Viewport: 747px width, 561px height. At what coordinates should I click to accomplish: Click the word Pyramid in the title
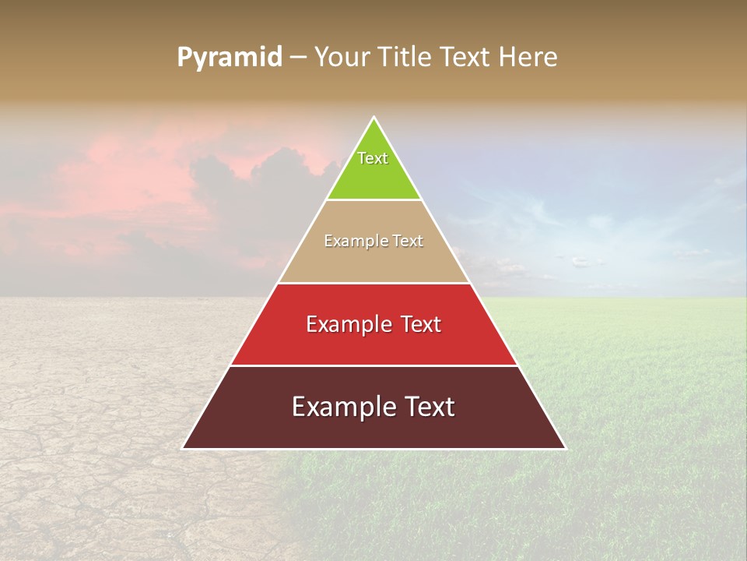(230, 58)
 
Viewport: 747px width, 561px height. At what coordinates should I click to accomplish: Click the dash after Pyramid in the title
(298, 58)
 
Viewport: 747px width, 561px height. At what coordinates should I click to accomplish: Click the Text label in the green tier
(373, 158)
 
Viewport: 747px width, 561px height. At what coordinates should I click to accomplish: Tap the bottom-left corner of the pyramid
(184, 448)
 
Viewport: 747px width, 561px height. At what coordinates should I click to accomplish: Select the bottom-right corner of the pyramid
(565, 448)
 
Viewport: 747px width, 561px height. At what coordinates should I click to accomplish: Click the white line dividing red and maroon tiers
(374, 365)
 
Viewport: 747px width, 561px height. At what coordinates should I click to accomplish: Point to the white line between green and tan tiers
(374, 199)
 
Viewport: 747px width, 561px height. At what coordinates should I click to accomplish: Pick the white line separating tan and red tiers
(374, 283)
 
